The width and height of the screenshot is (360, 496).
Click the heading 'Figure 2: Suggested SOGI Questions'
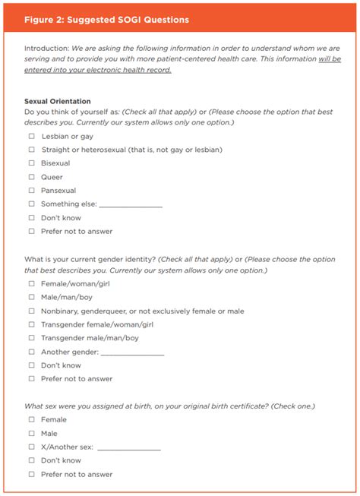click(x=106, y=19)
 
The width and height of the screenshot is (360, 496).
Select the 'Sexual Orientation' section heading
click(x=57, y=101)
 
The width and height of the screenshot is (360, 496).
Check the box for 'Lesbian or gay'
click(x=32, y=136)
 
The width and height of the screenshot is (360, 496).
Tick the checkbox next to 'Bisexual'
click(x=32, y=163)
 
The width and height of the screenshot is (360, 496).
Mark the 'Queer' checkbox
click(x=32, y=177)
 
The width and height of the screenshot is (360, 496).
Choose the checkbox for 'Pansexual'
click(x=32, y=191)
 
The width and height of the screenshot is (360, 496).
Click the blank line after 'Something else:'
click(x=130, y=205)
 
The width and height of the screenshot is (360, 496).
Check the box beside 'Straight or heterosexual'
click(x=32, y=150)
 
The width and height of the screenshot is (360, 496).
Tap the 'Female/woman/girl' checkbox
click(x=32, y=283)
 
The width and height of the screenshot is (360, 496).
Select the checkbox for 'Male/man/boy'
click(x=32, y=297)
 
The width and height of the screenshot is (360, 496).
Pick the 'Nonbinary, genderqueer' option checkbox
click(x=32, y=311)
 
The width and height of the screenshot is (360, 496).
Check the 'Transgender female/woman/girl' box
click(x=32, y=324)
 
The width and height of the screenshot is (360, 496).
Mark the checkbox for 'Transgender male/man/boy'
click(x=32, y=338)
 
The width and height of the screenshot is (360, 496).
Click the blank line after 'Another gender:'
click(x=131, y=353)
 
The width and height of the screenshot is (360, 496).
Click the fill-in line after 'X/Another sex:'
click(x=128, y=448)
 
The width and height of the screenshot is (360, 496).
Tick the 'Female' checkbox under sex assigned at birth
click(x=32, y=419)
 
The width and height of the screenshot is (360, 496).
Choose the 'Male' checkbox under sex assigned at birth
click(x=32, y=433)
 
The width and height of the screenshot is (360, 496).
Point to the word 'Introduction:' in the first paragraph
click(x=46, y=48)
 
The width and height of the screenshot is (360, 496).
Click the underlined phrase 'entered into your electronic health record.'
click(x=97, y=70)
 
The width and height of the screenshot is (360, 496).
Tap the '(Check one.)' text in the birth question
click(x=293, y=406)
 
